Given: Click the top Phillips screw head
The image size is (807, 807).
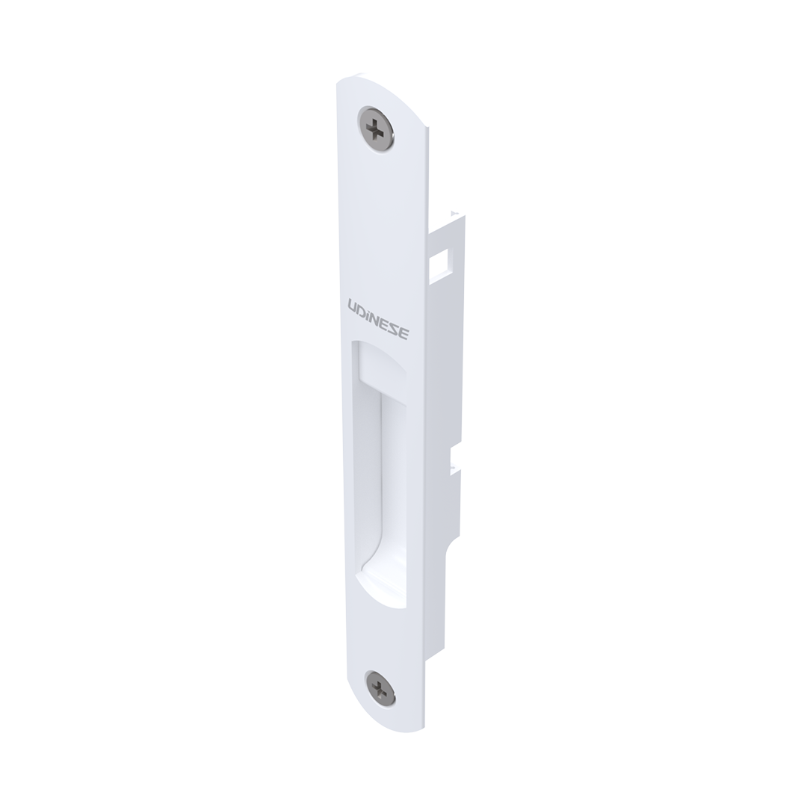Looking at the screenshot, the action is point(376,129).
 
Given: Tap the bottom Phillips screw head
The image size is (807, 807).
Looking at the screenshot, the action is point(380,688).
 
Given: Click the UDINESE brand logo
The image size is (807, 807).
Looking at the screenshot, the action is point(378,319).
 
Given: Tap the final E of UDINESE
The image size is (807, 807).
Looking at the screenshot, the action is point(404,333).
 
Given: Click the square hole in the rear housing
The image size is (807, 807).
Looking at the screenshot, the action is point(439,261).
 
